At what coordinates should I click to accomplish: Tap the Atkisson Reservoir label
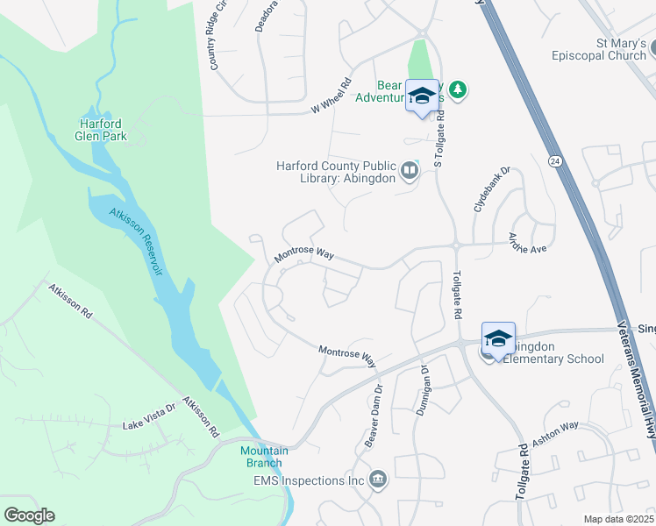click(137, 242)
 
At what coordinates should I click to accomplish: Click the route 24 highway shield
click(555, 161)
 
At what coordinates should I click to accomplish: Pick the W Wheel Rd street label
click(331, 96)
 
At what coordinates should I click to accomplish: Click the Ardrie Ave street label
click(529, 244)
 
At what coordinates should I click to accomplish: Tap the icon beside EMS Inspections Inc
click(378, 480)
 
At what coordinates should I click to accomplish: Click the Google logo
click(29, 515)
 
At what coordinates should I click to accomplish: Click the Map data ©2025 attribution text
click(617, 519)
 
